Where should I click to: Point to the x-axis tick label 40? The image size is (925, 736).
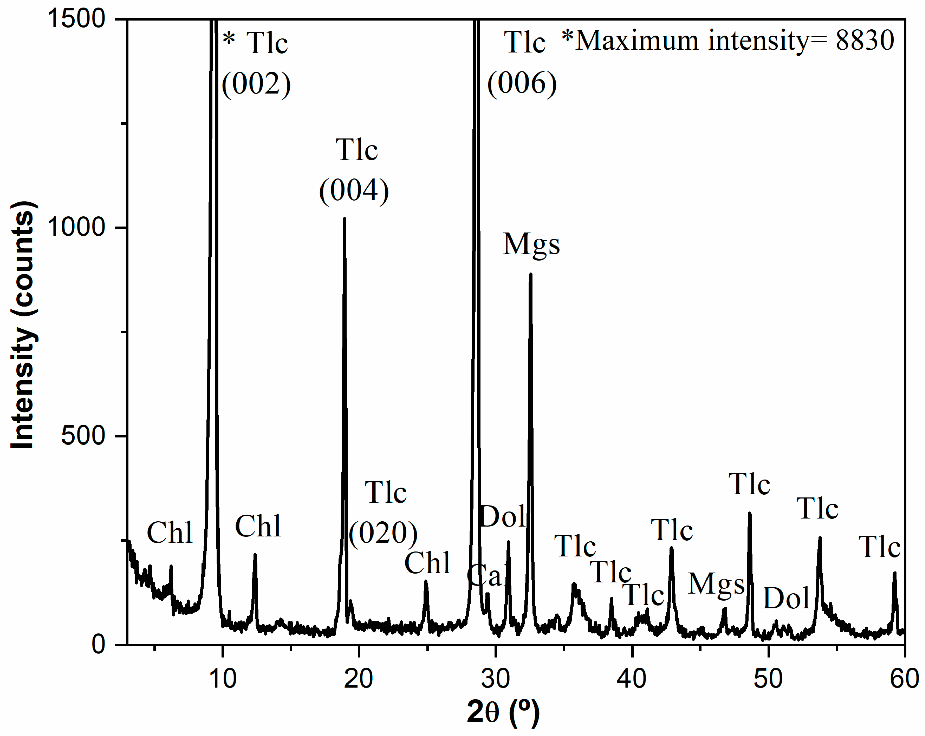[632, 679]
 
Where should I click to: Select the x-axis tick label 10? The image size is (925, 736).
[222, 679]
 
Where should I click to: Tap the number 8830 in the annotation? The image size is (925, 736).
[865, 41]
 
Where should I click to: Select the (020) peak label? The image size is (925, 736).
[383, 533]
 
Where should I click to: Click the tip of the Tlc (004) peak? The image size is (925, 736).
[344, 219]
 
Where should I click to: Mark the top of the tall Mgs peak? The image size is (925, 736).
[531, 274]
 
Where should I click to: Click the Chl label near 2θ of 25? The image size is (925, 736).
[427, 563]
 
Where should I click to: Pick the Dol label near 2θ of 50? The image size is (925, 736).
[786, 598]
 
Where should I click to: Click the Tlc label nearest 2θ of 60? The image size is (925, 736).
[879, 548]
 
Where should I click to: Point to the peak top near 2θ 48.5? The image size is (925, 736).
[749, 513]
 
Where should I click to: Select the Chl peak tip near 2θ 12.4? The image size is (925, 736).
[255, 555]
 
